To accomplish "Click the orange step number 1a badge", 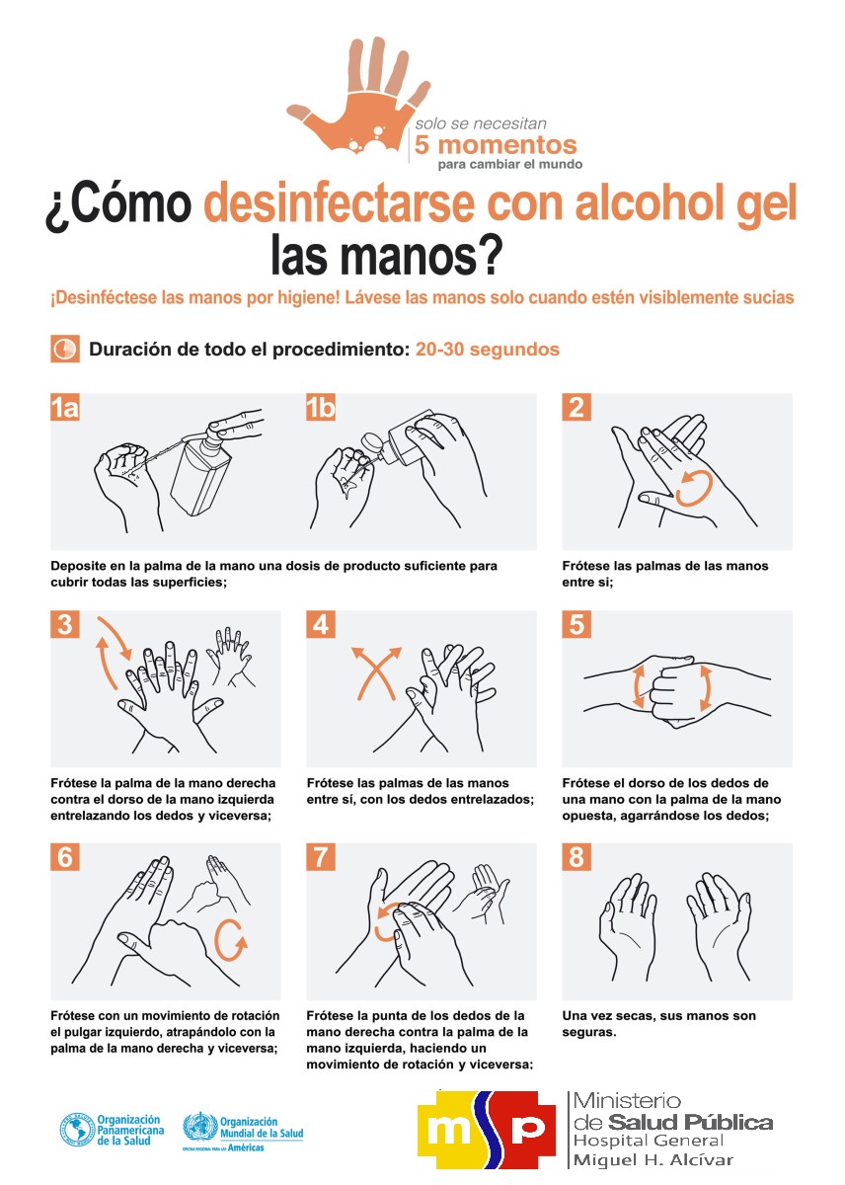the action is [x=64, y=407].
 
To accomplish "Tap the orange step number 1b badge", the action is [x=321, y=407].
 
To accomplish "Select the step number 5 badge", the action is [x=576, y=624].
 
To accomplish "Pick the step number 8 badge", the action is [x=576, y=857].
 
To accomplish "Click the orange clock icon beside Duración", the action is [x=65, y=349].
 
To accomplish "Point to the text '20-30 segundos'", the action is [x=487, y=350].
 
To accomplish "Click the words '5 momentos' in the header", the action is [x=495, y=144].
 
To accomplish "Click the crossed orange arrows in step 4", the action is [x=376, y=672].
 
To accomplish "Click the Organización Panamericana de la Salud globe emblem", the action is [x=77, y=1129].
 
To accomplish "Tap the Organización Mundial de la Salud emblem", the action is [x=199, y=1127].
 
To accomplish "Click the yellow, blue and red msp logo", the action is [x=486, y=1130].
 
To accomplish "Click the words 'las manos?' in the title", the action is [x=385, y=255].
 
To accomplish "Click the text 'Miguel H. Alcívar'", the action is [x=653, y=1160].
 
